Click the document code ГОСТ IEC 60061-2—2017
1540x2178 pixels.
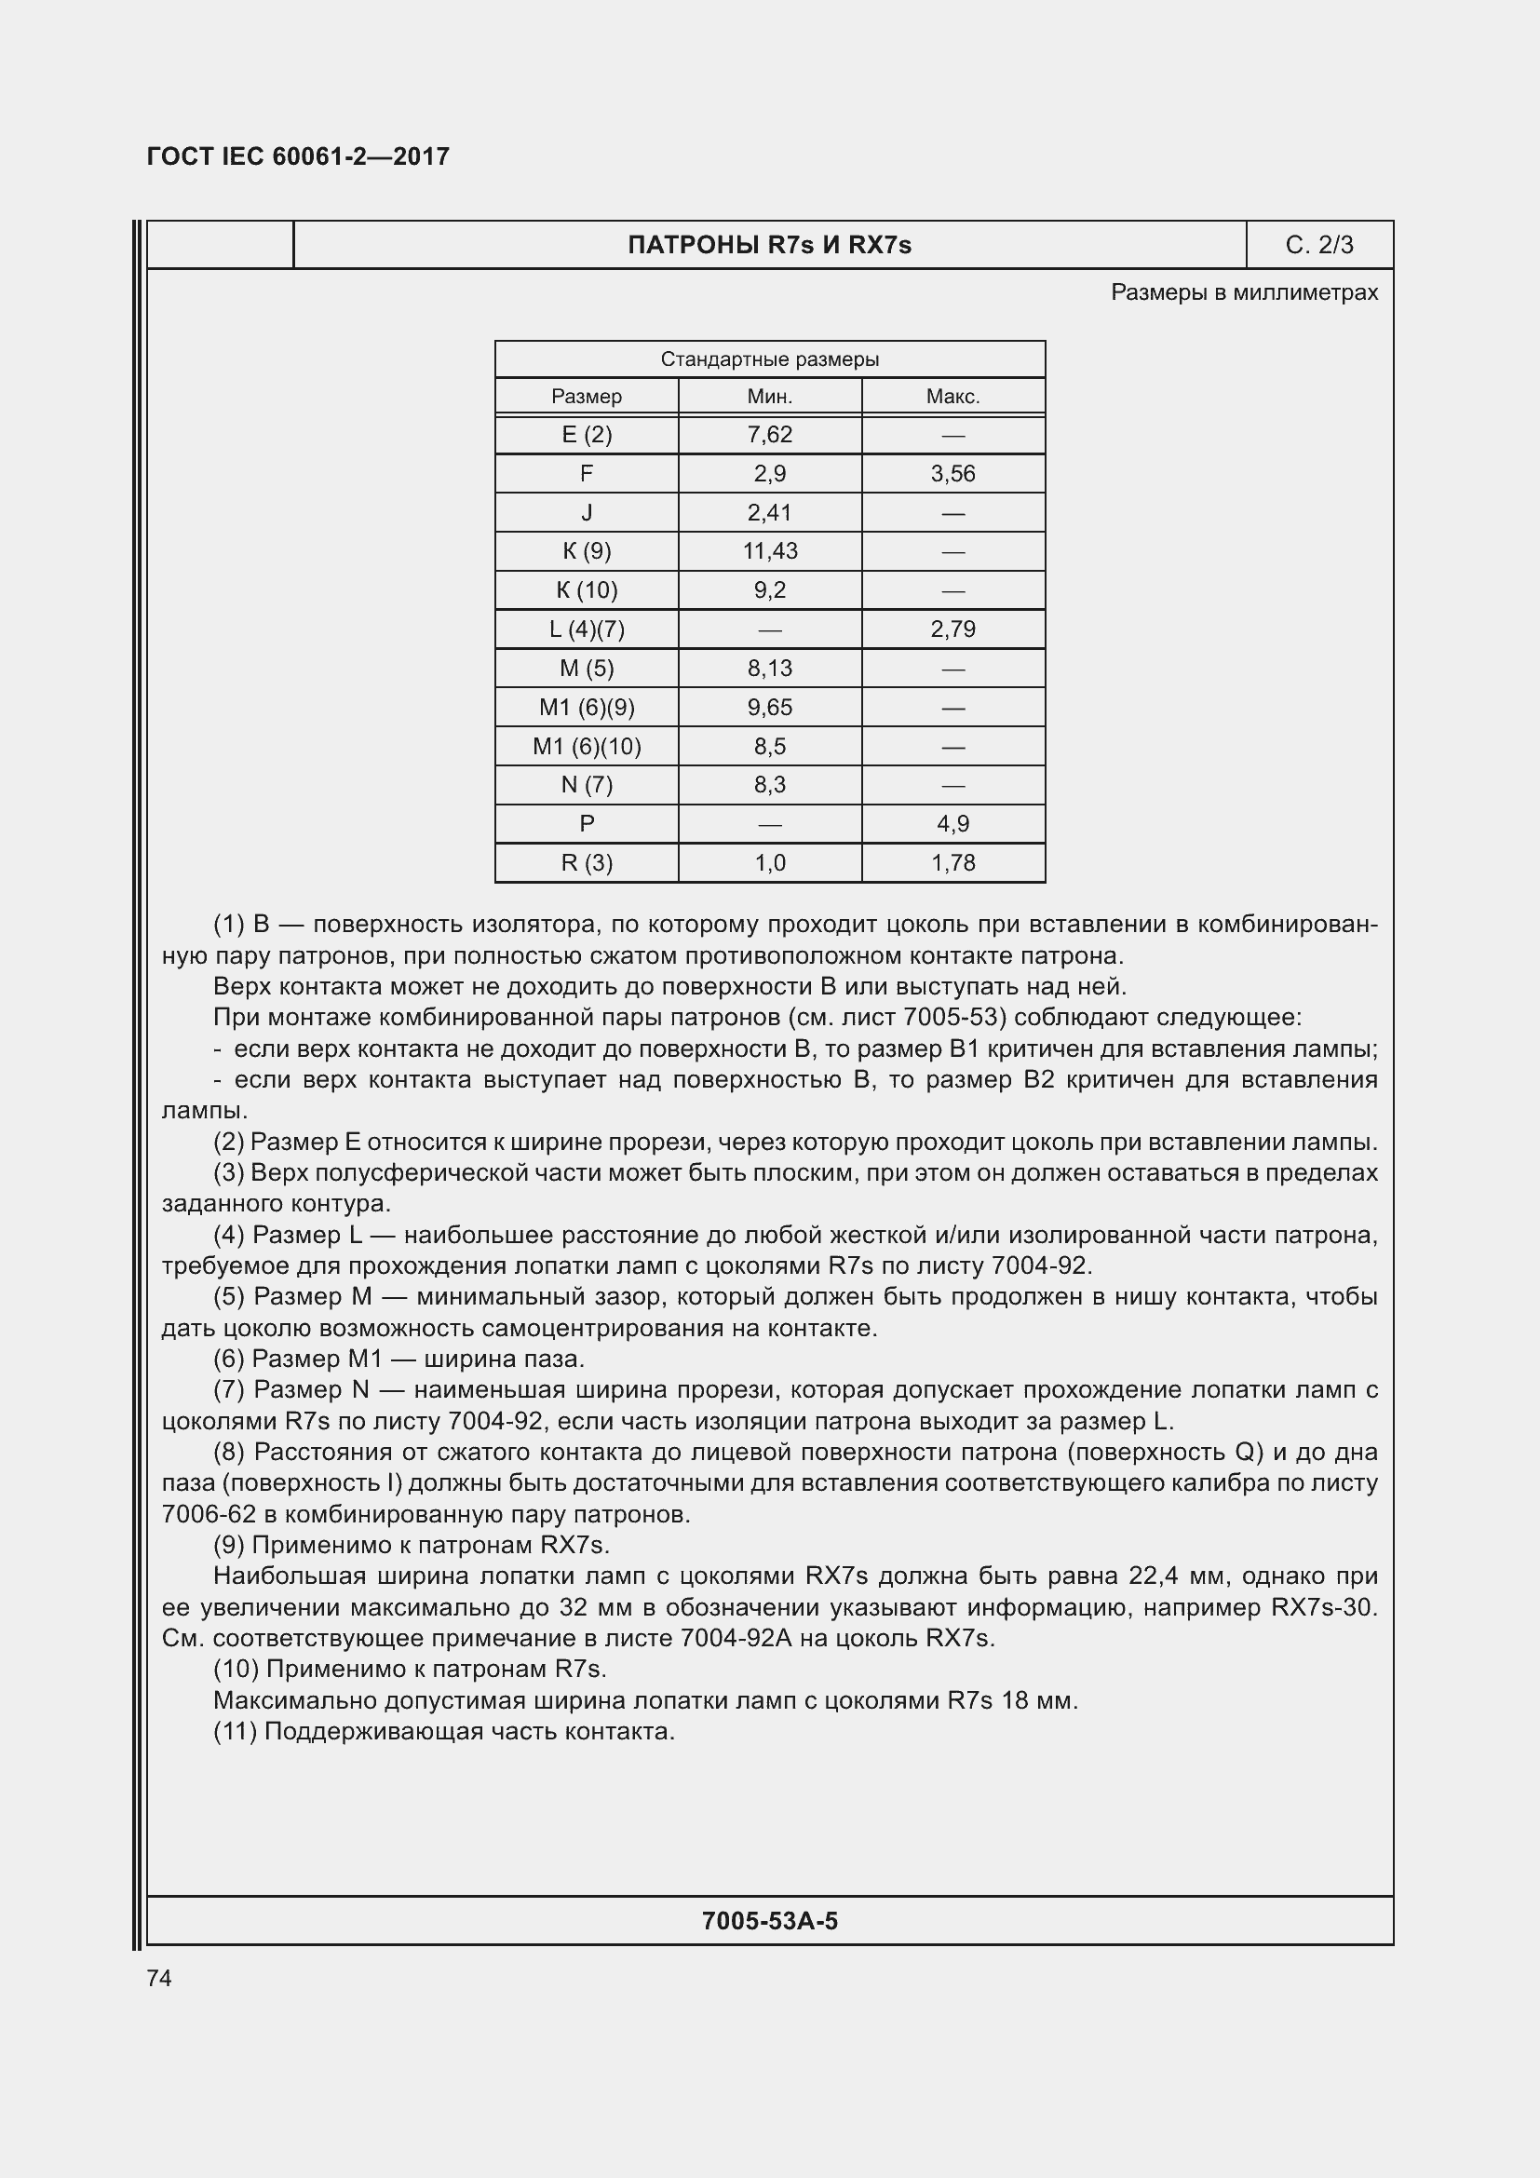point(298,156)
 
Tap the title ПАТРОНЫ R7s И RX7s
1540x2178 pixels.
point(769,245)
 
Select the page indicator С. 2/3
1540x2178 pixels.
point(1318,245)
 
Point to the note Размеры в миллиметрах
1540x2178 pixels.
point(1243,292)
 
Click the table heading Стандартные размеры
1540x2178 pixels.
point(769,359)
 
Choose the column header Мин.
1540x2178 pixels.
point(769,397)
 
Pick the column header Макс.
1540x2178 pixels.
point(952,397)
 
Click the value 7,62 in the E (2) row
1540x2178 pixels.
point(769,435)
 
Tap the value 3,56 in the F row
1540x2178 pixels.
point(952,473)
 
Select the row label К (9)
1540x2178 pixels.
point(586,551)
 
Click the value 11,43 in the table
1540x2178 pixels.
point(769,551)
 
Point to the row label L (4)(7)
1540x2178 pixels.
point(586,629)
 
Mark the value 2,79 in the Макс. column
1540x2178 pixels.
point(952,629)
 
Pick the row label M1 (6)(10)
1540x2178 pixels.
point(586,747)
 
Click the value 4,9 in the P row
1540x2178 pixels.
point(952,823)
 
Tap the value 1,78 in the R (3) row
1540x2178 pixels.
point(952,862)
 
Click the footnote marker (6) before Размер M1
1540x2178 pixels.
point(228,1360)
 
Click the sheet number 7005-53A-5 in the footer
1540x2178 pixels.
point(769,1921)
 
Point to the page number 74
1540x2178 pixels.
point(159,1978)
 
